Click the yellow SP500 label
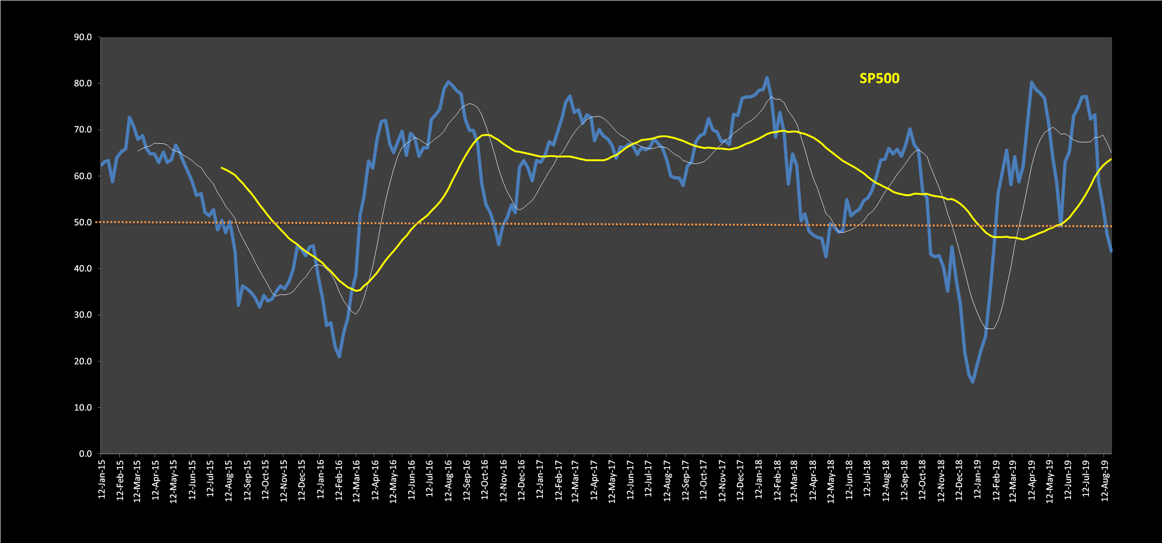(x=879, y=78)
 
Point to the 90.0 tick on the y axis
(x=83, y=37)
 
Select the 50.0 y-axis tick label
(x=83, y=222)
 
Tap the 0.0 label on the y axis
(x=85, y=454)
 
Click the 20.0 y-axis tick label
(x=83, y=362)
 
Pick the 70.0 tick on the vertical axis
(x=83, y=130)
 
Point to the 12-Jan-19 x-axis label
(x=977, y=479)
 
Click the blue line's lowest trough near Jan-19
(x=972, y=382)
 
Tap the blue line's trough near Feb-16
(x=340, y=356)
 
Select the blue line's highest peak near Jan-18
(x=767, y=78)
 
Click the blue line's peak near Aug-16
(x=448, y=82)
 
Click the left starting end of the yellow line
(x=222, y=168)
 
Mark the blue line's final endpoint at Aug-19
(x=1111, y=251)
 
